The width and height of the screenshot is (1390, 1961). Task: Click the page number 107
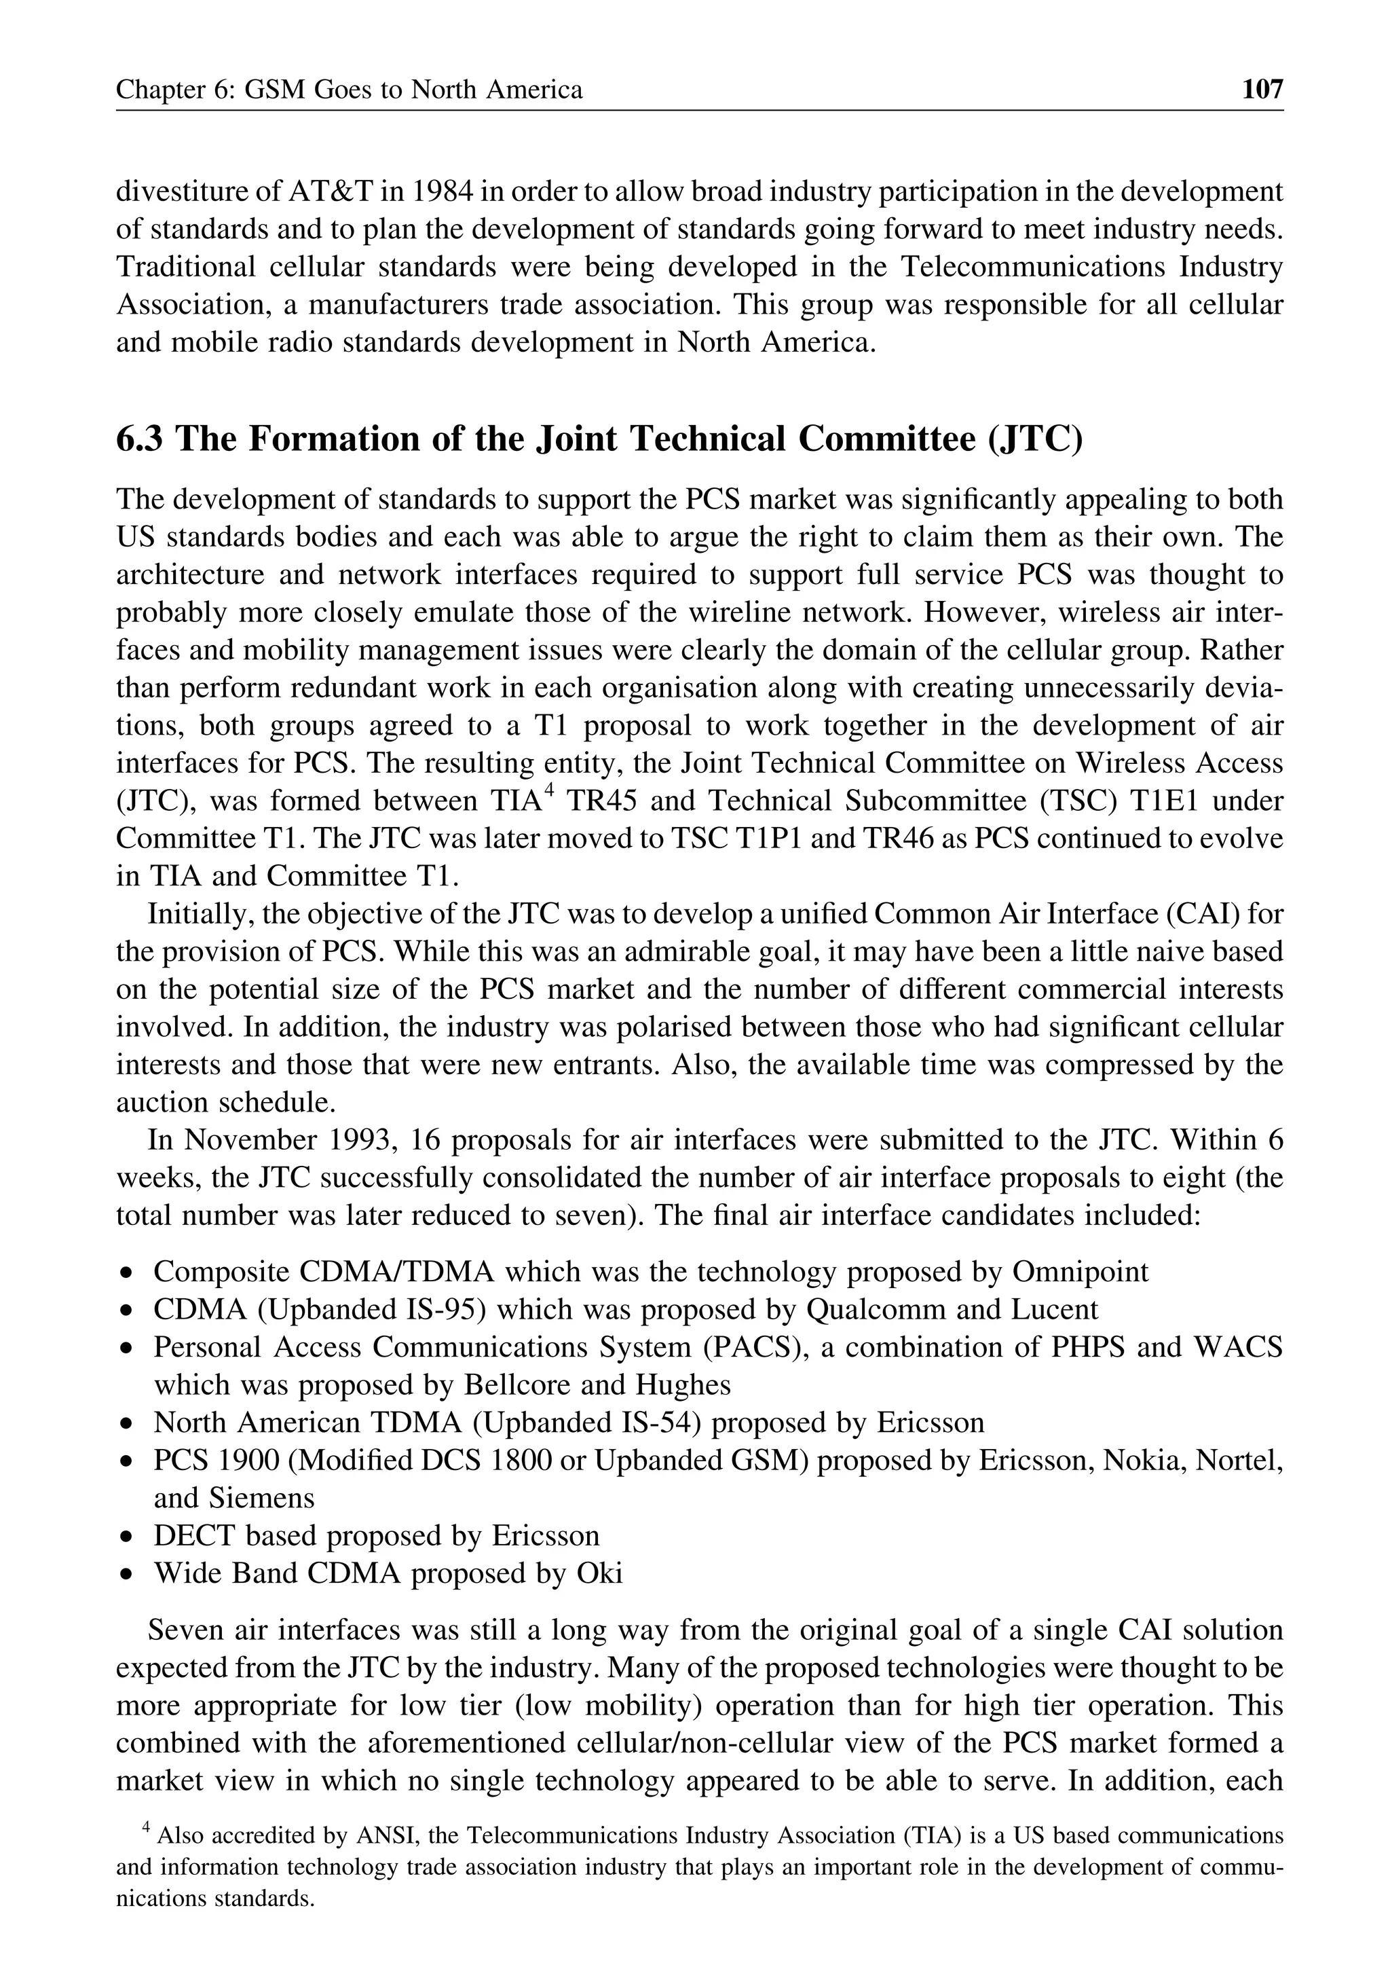point(1262,89)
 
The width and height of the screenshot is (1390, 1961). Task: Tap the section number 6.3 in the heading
point(141,439)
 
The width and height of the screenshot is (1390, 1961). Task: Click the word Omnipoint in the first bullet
point(1079,1272)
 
